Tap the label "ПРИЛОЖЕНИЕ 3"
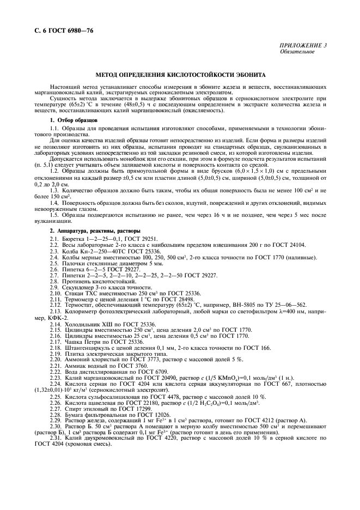(x=303, y=46)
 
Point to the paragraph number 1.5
(x=54, y=215)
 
